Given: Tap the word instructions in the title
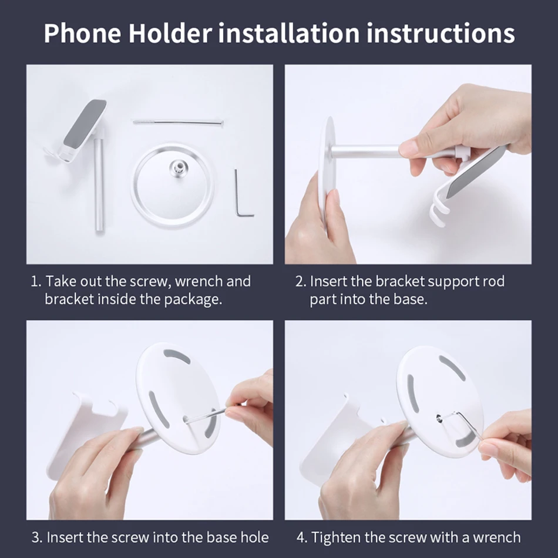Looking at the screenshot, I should [441, 33].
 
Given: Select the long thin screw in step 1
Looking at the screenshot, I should [178, 122].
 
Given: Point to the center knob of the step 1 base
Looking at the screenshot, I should [176, 166].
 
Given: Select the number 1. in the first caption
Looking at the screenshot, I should [36, 281].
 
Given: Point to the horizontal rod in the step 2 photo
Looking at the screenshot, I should [364, 150].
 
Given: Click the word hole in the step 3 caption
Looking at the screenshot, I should [254, 537].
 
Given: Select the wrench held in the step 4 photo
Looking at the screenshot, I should [467, 422].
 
